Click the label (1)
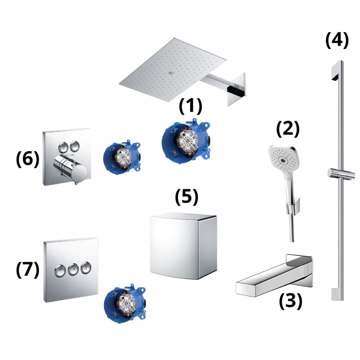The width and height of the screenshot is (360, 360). (x=190, y=106)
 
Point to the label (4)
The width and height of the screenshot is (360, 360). (x=337, y=40)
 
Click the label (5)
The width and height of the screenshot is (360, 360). (x=186, y=197)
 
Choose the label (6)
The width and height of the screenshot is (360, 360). (x=28, y=159)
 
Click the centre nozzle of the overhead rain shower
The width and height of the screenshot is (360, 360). (x=171, y=73)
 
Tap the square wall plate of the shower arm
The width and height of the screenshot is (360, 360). (x=237, y=90)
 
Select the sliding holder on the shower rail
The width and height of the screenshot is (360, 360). (x=340, y=173)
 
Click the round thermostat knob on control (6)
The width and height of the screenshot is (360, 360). (x=70, y=167)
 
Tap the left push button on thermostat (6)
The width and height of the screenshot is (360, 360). (x=63, y=146)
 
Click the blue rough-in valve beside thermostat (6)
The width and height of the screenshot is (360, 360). (x=122, y=158)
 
